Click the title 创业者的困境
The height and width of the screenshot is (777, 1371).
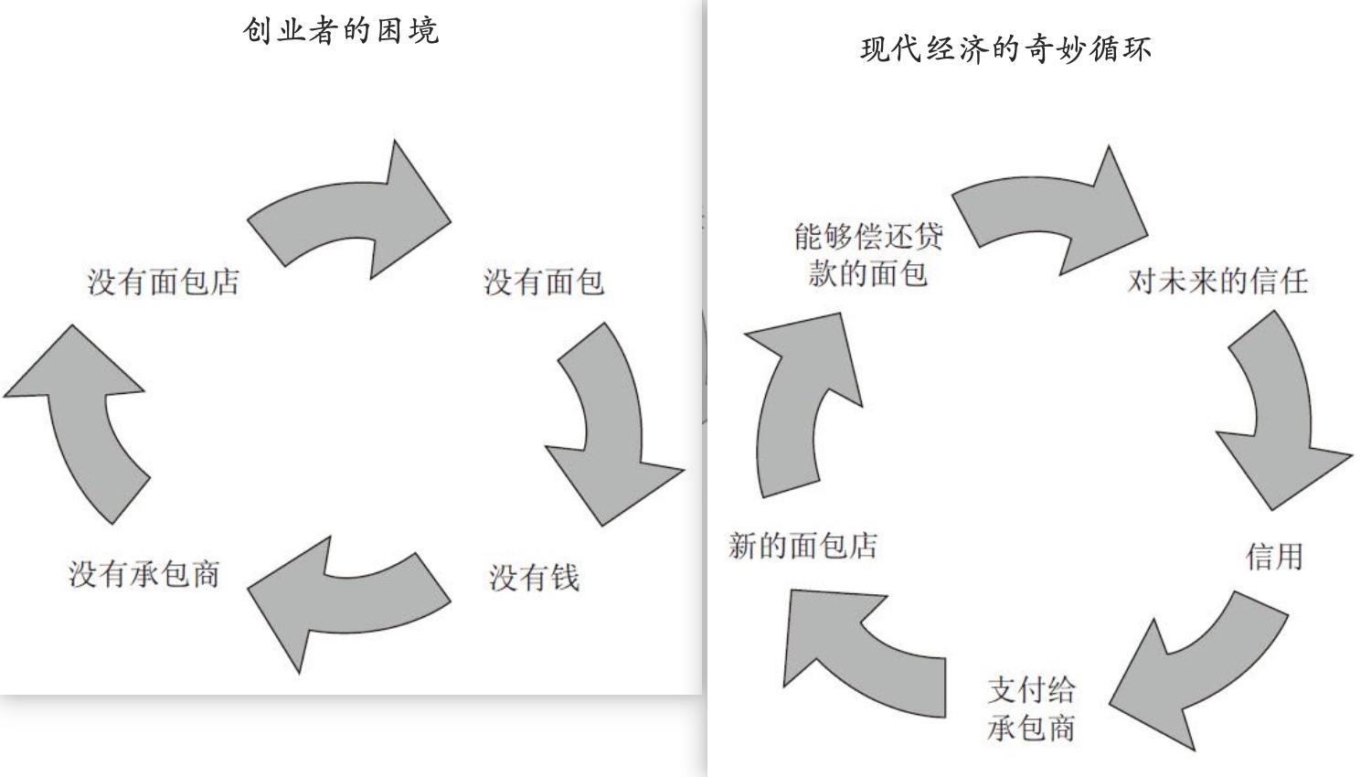341,30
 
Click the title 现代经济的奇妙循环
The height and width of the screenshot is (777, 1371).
1005,48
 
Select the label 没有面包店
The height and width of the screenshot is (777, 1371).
164,282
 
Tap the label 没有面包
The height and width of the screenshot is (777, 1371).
544,282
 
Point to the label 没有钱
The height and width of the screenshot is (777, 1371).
535,577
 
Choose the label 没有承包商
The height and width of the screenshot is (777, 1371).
144,574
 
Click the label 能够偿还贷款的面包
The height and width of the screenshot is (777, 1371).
867,255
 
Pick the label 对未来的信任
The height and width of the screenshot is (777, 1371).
1217,281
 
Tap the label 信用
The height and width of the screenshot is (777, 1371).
1274,556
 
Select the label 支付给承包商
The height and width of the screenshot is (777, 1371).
1031,708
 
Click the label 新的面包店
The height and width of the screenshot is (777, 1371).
803,546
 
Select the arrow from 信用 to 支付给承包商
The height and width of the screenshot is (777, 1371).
1197,667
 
